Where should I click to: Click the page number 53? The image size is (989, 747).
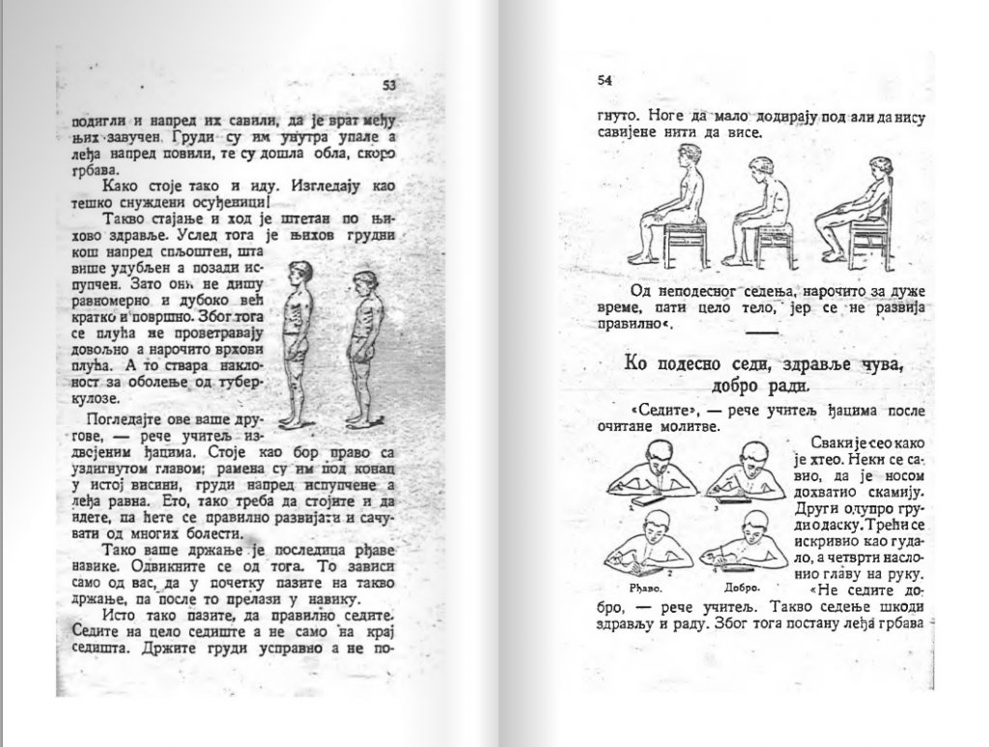tap(389, 85)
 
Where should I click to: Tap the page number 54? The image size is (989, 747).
tap(607, 80)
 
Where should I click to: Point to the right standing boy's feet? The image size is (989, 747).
tap(361, 421)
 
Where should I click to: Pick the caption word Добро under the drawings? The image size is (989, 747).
tap(742, 587)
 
